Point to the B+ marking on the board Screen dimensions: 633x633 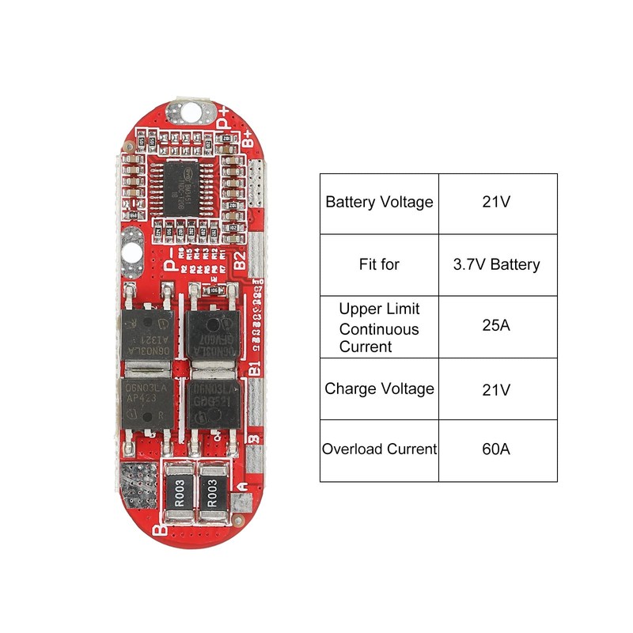click(x=248, y=140)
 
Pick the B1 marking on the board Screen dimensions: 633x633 click(x=254, y=369)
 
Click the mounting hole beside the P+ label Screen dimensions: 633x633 click(x=191, y=111)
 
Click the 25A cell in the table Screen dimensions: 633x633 click(x=498, y=327)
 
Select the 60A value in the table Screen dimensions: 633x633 click(x=498, y=449)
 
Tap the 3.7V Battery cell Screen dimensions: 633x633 click(x=498, y=264)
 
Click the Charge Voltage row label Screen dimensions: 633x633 click(x=379, y=389)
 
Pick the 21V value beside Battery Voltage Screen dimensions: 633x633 click(x=498, y=202)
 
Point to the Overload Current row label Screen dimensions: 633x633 click(x=379, y=449)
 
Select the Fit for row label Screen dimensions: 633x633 click(x=379, y=264)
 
